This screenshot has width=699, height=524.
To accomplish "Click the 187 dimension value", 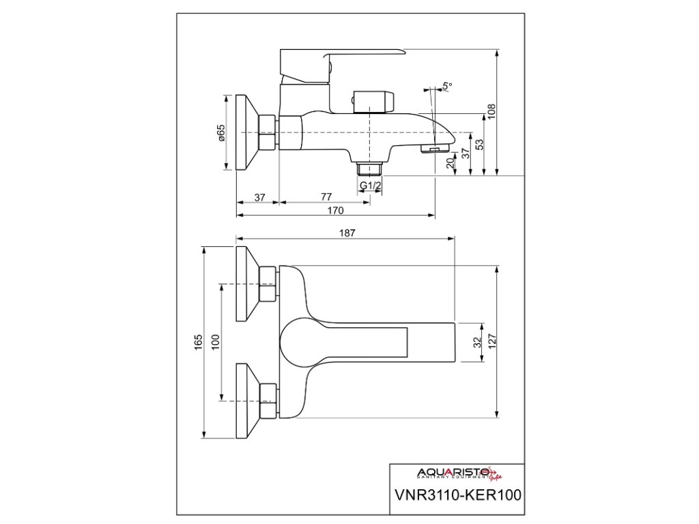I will click(x=347, y=233).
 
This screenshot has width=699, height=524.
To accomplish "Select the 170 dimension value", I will click(x=335, y=210).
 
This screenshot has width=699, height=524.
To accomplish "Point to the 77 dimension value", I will click(x=326, y=197).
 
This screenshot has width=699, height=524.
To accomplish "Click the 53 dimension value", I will click(x=479, y=145).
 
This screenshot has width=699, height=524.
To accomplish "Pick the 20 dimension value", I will click(x=451, y=164).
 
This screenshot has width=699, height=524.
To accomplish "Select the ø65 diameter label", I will click(x=221, y=133).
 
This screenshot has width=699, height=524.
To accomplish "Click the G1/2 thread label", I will click(x=370, y=186).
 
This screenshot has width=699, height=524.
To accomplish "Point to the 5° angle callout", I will click(x=447, y=87).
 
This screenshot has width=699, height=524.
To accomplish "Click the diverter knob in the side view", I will click(x=373, y=100).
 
